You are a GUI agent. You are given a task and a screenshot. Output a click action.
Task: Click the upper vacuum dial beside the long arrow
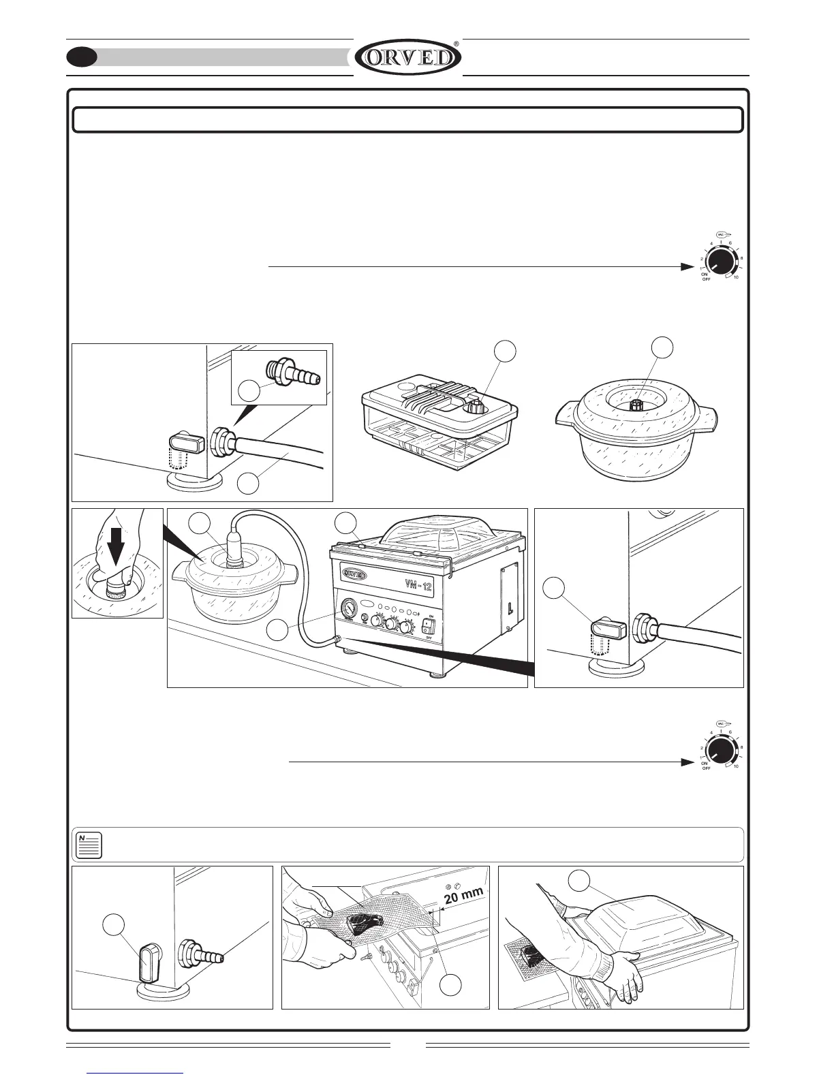click(x=718, y=261)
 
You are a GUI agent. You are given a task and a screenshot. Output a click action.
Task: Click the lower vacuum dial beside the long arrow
click(x=718, y=751)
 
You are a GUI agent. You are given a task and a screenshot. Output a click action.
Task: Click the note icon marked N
click(x=89, y=845)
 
